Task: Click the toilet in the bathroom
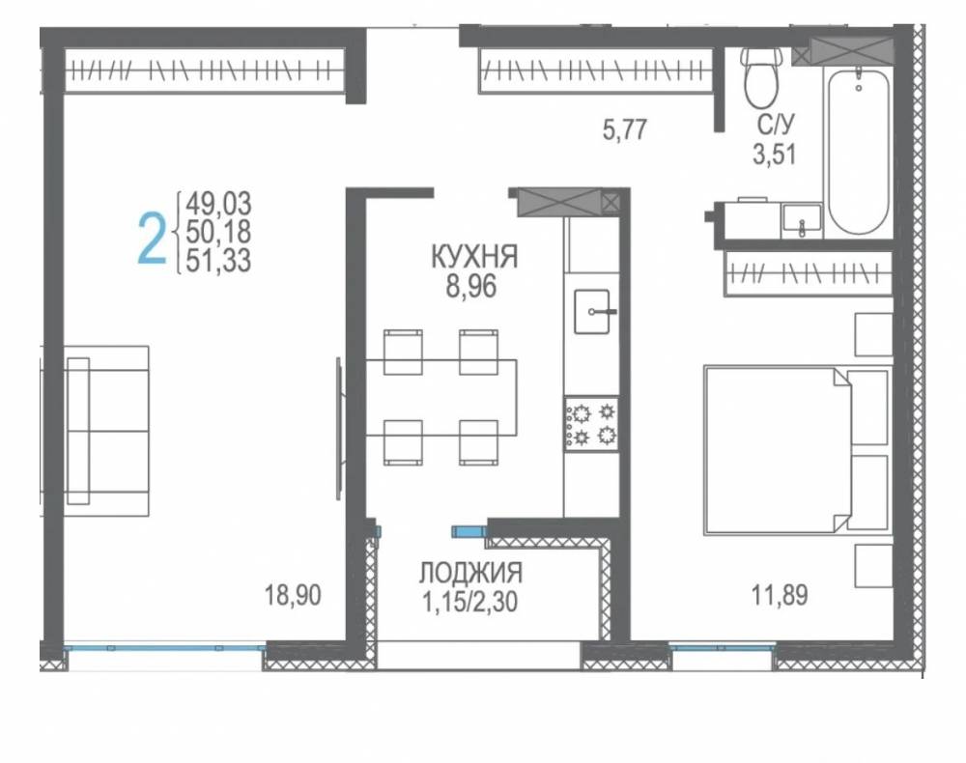761,77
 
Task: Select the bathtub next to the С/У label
859,152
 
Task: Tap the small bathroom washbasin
802,221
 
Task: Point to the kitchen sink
593,312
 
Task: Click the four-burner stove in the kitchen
591,424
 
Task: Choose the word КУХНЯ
474,257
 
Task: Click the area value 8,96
471,286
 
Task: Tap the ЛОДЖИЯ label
471,573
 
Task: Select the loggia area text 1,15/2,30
469,602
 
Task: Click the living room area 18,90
294,596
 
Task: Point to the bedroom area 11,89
780,596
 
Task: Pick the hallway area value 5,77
625,130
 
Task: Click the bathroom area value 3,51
775,154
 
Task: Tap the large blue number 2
152,239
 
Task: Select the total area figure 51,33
218,261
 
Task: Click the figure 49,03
218,203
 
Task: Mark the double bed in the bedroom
797,450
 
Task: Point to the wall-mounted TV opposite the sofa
338,429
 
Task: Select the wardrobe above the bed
809,272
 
